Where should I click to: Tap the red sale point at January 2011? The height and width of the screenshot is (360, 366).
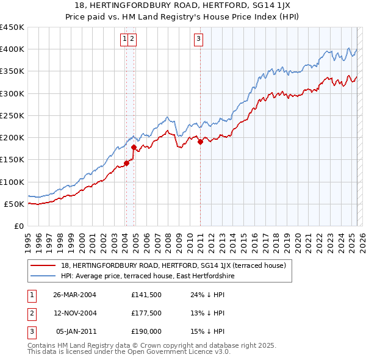(200, 142)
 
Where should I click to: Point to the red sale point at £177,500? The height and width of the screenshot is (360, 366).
(134, 147)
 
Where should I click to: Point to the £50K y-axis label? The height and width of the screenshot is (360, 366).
(15, 204)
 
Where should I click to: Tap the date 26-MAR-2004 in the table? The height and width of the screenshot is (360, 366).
(75, 295)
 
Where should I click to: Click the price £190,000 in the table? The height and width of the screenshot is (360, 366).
(146, 331)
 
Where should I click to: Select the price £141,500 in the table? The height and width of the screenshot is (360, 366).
(146, 295)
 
